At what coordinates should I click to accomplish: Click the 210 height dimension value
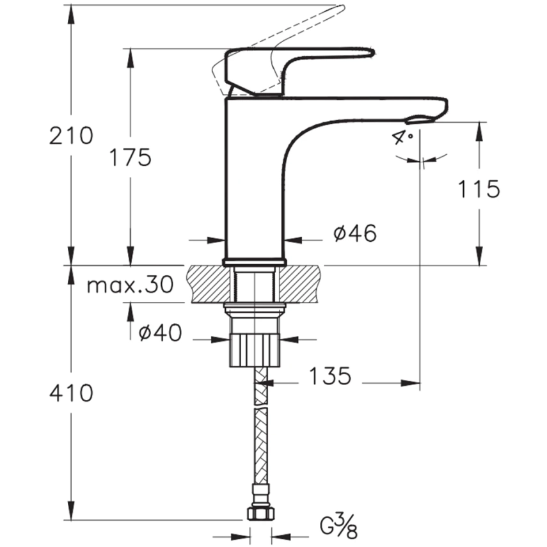tap(71, 136)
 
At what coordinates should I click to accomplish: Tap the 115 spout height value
tap(479, 189)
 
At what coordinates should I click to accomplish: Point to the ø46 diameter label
tap(354, 234)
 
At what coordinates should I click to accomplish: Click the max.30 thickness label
tap(130, 285)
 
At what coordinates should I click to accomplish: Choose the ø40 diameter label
tap(161, 332)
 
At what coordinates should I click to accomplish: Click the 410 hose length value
tap(71, 393)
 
